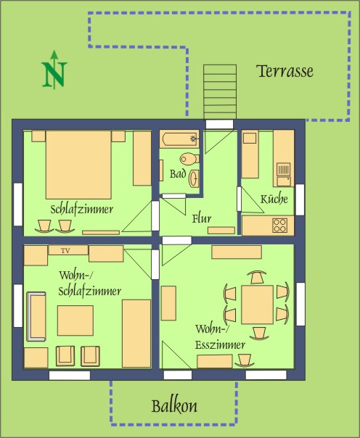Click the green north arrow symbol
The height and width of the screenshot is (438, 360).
point(54,70)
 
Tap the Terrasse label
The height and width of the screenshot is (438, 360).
point(285,71)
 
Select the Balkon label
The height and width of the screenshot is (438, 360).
point(174,406)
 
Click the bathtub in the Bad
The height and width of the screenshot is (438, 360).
point(180,139)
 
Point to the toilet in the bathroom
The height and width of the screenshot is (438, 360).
point(189,159)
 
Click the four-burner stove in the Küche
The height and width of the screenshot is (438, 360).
point(279,225)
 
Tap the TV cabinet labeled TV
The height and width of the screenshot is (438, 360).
point(68,250)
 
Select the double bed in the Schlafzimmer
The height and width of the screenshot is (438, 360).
point(78,165)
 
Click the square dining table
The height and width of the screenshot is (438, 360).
point(257,305)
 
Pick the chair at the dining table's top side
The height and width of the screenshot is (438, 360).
point(257,277)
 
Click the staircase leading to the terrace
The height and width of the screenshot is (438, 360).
point(220,92)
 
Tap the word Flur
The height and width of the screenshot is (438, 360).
point(202,218)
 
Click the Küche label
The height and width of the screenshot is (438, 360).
point(274,199)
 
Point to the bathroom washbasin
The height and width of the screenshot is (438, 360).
point(194,178)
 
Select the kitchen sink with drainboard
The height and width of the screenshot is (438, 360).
point(284,175)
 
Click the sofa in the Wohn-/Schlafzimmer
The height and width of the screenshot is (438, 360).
point(36,316)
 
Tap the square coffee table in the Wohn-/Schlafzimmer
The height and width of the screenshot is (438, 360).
point(75,321)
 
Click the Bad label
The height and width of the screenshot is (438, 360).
point(178,174)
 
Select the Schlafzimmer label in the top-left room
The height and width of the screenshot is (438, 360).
point(82,210)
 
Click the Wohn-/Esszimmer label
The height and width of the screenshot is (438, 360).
point(220,337)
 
